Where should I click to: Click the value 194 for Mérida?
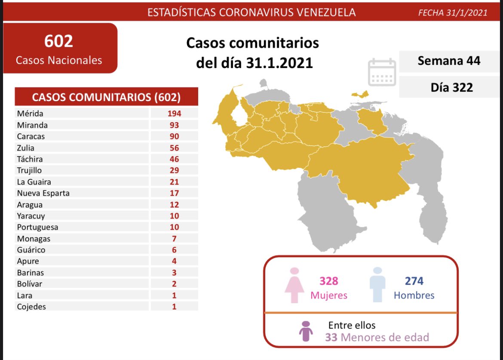point(174,114)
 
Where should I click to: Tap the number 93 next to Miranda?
point(174,125)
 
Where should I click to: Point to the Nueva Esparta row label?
point(43,193)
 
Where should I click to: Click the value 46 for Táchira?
point(174,159)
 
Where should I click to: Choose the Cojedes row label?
point(31,307)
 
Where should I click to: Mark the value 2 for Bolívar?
point(174,284)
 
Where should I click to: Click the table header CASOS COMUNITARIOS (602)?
point(107,97)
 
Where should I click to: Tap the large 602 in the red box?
point(58,41)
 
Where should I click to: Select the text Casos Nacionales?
point(59,60)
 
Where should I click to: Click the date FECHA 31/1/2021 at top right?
point(453,12)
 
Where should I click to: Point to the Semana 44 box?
point(449,61)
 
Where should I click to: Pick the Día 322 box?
point(451,87)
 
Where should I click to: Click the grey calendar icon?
point(382,73)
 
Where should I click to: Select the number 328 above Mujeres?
point(329,281)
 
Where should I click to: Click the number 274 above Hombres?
point(414,281)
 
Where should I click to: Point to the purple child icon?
point(305,331)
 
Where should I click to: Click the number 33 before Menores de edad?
point(331,337)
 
